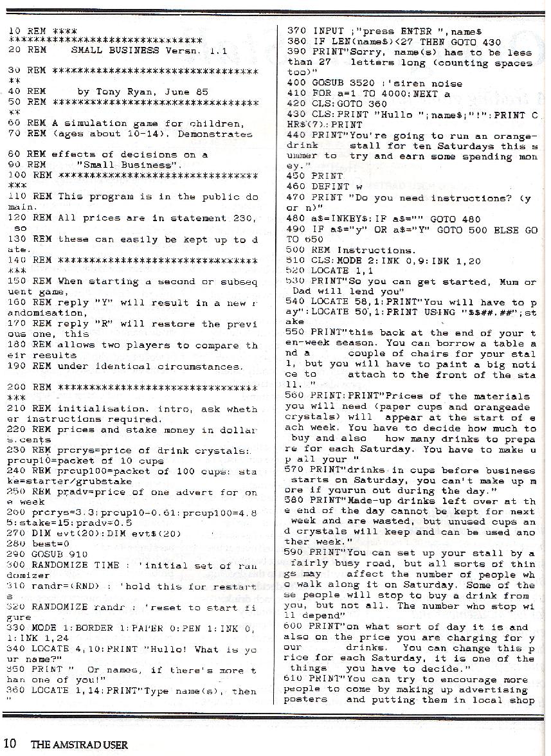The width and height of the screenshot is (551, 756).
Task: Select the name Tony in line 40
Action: pos(102,92)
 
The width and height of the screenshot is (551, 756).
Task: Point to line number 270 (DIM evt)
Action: pos(19,533)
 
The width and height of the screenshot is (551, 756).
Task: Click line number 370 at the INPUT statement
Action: pos(296,31)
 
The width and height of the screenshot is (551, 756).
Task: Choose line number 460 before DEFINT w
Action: pos(296,186)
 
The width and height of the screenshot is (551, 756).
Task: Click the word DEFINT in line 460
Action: pos(329,186)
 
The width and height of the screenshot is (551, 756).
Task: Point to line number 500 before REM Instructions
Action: pos(296,249)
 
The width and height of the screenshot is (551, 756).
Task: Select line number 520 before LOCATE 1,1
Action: pos(296,271)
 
